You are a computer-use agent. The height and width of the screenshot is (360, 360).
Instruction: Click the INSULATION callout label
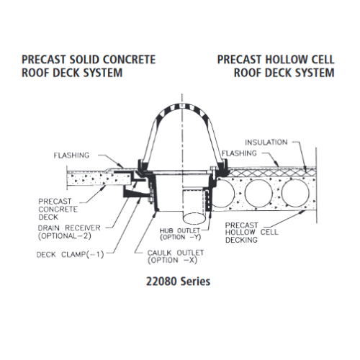266,143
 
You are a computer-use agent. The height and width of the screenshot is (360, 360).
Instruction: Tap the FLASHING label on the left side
71,156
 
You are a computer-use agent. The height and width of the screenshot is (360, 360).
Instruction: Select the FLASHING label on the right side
239,153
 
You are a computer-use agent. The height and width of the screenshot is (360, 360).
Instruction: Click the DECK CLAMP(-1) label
70,254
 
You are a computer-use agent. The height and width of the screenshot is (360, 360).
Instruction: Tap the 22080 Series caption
178,282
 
